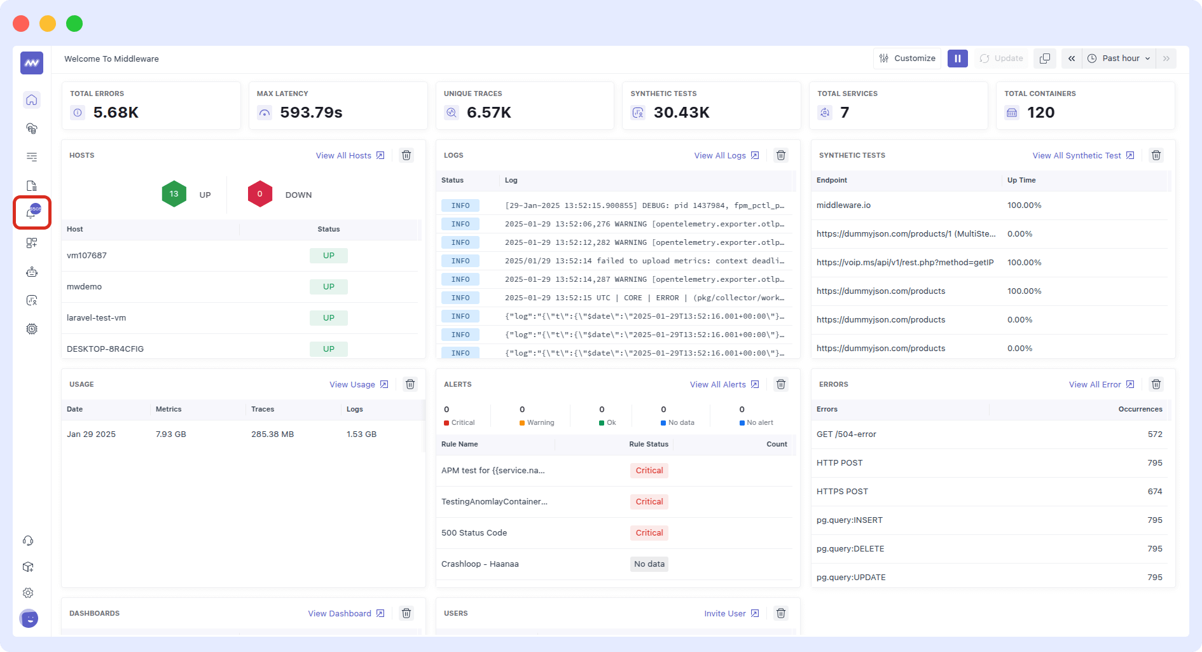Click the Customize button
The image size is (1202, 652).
tap(907, 59)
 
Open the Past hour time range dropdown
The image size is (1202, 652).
tap(1120, 59)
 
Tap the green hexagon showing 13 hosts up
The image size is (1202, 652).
tap(174, 194)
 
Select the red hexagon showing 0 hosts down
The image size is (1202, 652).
tap(259, 194)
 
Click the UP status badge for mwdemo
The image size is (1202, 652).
tap(328, 287)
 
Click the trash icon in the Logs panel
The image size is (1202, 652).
tap(781, 156)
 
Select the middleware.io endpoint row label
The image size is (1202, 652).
tap(843, 205)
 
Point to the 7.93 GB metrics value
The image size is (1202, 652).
tap(170, 434)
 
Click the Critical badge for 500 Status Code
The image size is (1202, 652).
tap(649, 533)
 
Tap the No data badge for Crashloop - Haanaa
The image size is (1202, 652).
tap(649, 564)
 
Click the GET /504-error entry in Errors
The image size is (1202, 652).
tap(846, 434)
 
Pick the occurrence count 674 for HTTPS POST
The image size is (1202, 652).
tap(1154, 492)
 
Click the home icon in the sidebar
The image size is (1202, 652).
tap(32, 101)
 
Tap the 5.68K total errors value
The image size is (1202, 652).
tap(116, 113)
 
